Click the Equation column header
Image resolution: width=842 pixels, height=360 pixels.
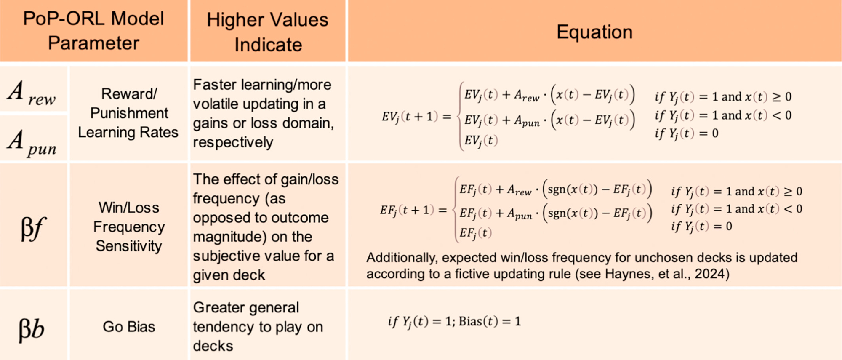pos(594,32)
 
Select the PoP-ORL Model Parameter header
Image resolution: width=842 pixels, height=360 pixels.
pos(93,31)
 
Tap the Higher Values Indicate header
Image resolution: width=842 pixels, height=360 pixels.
pos(268,32)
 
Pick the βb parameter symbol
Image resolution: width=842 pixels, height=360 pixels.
pos(32,329)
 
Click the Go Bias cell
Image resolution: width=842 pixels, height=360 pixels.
pos(129,327)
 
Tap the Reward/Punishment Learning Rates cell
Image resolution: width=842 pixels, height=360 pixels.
pos(128,113)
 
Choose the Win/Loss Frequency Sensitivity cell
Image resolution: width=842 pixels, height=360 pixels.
pos(129,227)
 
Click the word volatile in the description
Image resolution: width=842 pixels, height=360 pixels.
pos(221,104)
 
